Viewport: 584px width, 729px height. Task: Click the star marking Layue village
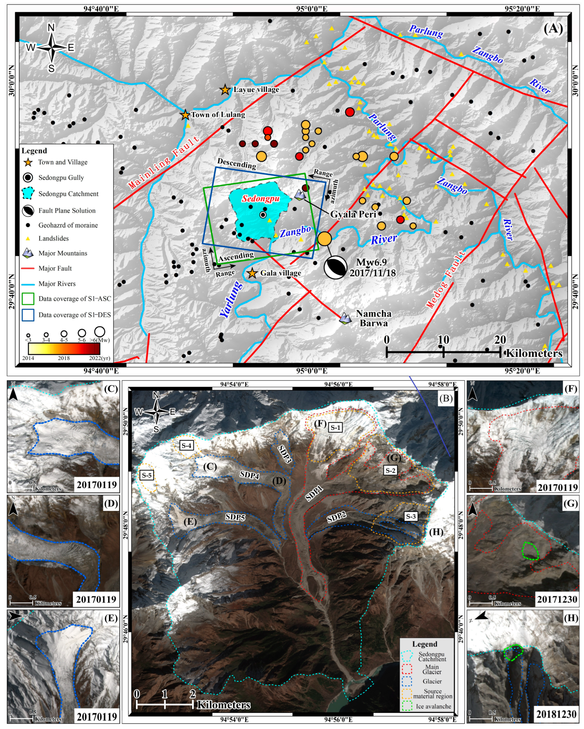225,90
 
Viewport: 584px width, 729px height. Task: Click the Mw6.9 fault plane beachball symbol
335,267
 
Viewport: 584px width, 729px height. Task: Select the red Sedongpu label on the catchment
261,199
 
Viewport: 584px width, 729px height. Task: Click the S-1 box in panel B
335,427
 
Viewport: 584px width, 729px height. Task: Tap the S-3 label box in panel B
411,516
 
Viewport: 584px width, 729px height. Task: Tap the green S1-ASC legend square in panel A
28,299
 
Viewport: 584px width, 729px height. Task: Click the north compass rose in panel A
51,48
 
